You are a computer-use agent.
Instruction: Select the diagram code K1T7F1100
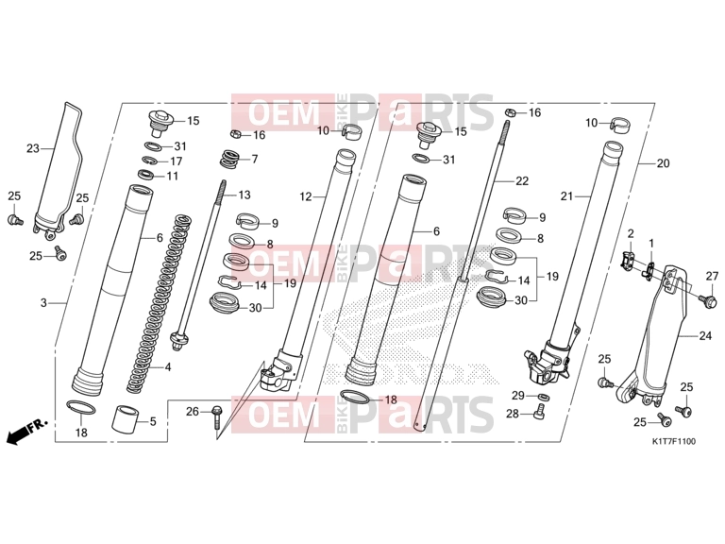674,441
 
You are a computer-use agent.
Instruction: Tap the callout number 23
33,148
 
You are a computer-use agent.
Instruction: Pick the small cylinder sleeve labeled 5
126,418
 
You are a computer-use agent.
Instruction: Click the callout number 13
244,195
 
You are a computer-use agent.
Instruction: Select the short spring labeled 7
228,159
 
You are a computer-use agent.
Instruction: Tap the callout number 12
306,197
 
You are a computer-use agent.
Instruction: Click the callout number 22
522,181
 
